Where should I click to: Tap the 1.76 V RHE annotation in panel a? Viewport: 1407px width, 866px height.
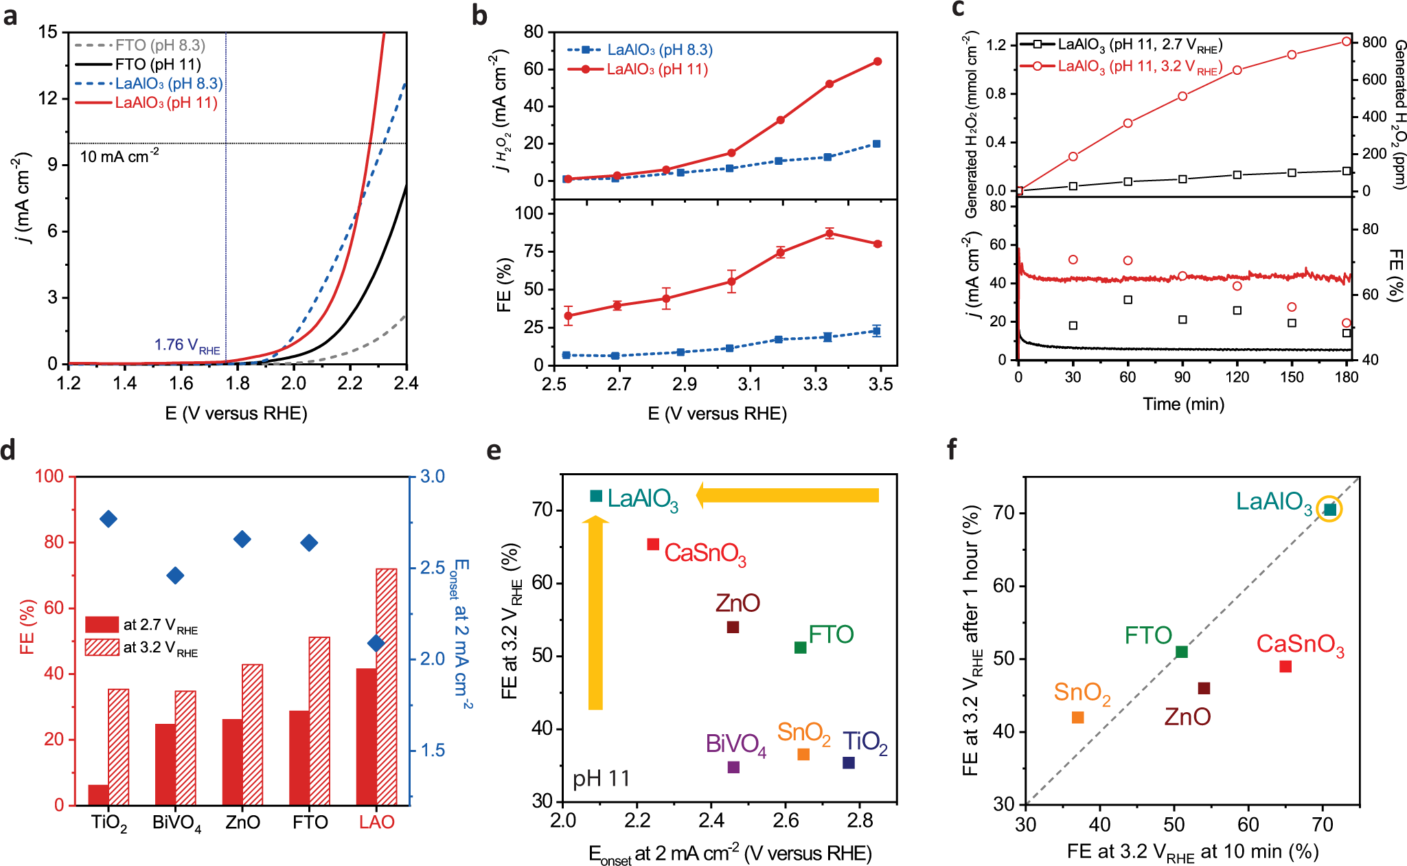point(187,345)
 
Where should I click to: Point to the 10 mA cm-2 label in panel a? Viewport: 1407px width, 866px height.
point(119,157)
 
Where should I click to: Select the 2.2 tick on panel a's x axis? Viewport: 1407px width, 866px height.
point(350,383)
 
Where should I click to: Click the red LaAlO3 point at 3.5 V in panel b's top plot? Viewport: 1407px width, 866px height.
point(878,62)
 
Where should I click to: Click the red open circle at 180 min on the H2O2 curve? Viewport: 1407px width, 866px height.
point(1347,42)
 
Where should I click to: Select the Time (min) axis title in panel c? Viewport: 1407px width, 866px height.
point(1183,404)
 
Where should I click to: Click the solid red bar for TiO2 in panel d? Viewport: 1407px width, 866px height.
point(98,795)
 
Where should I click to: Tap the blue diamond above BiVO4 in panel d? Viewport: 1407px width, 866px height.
point(175,576)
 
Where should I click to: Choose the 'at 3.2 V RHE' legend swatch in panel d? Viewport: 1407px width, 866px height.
point(102,647)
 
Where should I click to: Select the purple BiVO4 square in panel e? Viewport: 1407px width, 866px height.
point(733,767)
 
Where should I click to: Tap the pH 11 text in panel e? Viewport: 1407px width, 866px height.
point(601,779)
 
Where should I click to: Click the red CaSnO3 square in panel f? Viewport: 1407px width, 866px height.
point(1285,666)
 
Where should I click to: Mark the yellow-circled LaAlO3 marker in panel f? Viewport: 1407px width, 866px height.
point(1329,509)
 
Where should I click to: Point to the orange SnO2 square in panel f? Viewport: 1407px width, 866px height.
point(1077,718)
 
